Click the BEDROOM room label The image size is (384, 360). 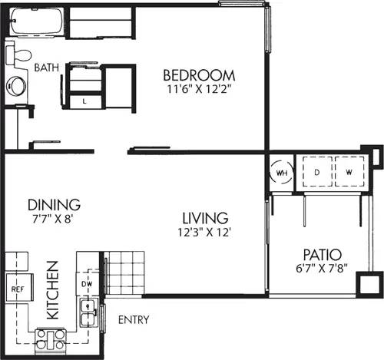(x=198, y=75)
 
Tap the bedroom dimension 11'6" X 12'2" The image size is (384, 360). (x=198, y=89)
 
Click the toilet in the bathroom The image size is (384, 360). (x=18, y=54)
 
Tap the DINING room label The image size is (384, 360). (x=54, y=205)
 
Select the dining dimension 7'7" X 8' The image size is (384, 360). (x=54, y=219)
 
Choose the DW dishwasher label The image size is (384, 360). (x=87, y=284)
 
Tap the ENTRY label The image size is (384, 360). (x=134, y=319)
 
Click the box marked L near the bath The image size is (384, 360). (x=84, y=101)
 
